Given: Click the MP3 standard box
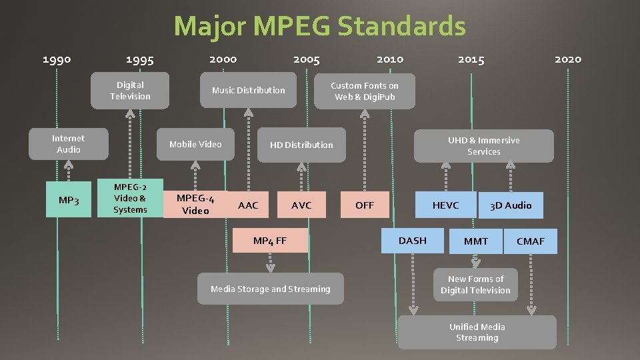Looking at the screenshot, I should [69, 200].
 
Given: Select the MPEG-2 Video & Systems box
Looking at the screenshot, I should [130, 198].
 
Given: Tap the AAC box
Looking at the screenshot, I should [248, 205].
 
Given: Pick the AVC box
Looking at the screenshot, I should [301, 205].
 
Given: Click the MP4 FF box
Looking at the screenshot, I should [270, 241].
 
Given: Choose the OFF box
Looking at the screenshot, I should [365, 205].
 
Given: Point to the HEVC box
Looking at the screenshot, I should [445, 205].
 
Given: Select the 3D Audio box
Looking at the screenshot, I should [511, 205].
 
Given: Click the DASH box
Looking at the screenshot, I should [412, 241].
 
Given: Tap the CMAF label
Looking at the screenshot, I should [531, 241].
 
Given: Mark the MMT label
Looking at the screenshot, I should [476, 241].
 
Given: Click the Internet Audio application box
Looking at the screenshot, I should [69, 144].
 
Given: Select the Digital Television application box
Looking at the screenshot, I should [130, 91].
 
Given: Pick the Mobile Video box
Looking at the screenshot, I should [195, 144].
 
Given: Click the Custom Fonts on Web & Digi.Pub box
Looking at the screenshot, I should [365, 91].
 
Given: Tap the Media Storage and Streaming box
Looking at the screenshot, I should [270, 289].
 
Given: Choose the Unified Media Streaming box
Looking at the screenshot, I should [477, 332].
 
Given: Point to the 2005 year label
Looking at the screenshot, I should [306, 59].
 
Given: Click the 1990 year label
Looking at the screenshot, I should [57, 59].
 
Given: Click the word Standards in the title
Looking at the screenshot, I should [401, 27].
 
